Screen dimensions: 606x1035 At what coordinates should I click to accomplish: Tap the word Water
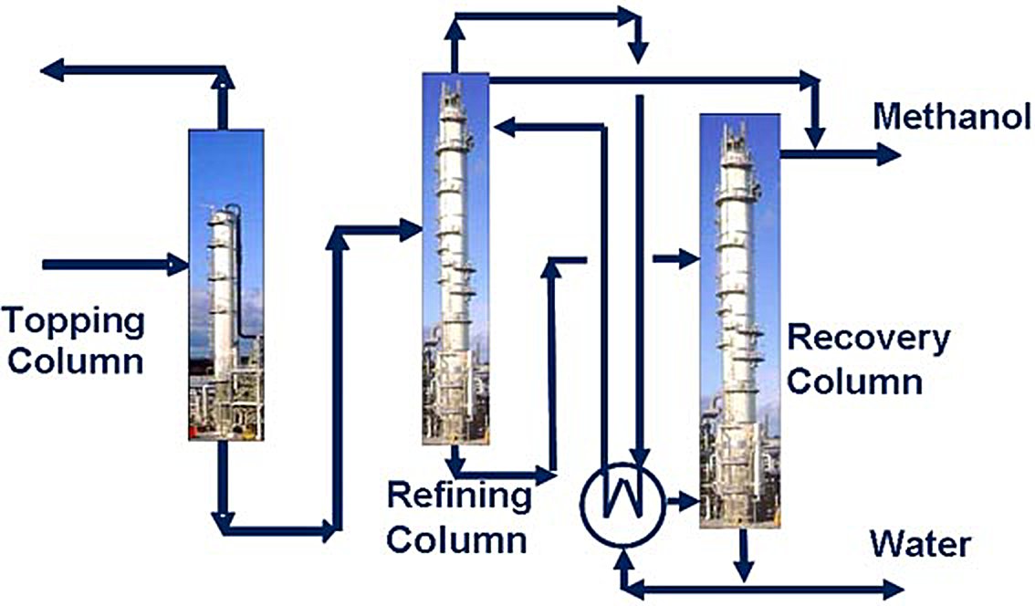[919, 545]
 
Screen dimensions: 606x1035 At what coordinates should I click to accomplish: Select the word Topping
[73, 321]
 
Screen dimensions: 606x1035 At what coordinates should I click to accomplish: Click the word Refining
[459, 497]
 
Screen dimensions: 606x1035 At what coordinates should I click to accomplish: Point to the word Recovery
[868, 339]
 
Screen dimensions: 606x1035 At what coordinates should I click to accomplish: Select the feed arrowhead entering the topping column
[178, 266]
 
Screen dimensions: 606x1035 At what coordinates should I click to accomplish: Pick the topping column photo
[226, 285]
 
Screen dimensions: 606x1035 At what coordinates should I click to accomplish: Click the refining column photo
[455, 258]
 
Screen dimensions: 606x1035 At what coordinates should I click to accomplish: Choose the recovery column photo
[739, 320]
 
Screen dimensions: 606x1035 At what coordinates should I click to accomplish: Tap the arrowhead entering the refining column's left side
[411, 231]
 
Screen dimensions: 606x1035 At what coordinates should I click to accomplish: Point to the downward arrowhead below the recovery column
[745, 572]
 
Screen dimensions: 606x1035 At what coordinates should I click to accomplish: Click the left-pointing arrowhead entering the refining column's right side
[504, 128]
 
